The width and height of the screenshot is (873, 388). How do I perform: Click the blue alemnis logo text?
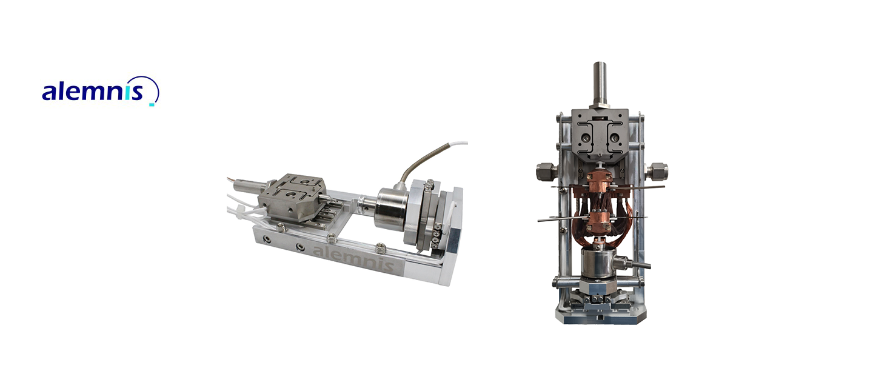(92, 92)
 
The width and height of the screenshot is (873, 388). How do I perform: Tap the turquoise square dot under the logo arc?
(152, 104)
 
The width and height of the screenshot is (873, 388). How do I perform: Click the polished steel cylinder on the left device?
(392, 209)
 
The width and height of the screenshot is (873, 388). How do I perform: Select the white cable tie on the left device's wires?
(244, 212)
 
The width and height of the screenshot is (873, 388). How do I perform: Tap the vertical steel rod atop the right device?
(600, 83)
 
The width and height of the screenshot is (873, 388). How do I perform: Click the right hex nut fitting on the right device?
(657, 172)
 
